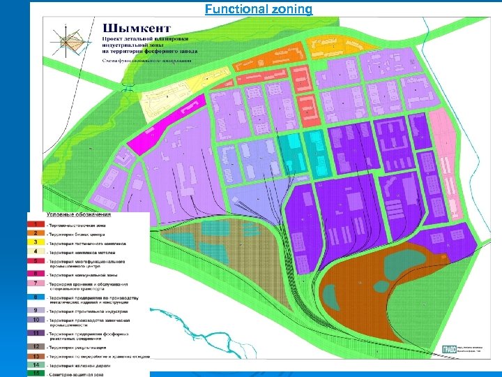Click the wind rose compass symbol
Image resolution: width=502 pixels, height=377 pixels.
click(x=70, y=43)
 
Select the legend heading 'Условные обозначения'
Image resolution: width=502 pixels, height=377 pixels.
click(x=77, y=214)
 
